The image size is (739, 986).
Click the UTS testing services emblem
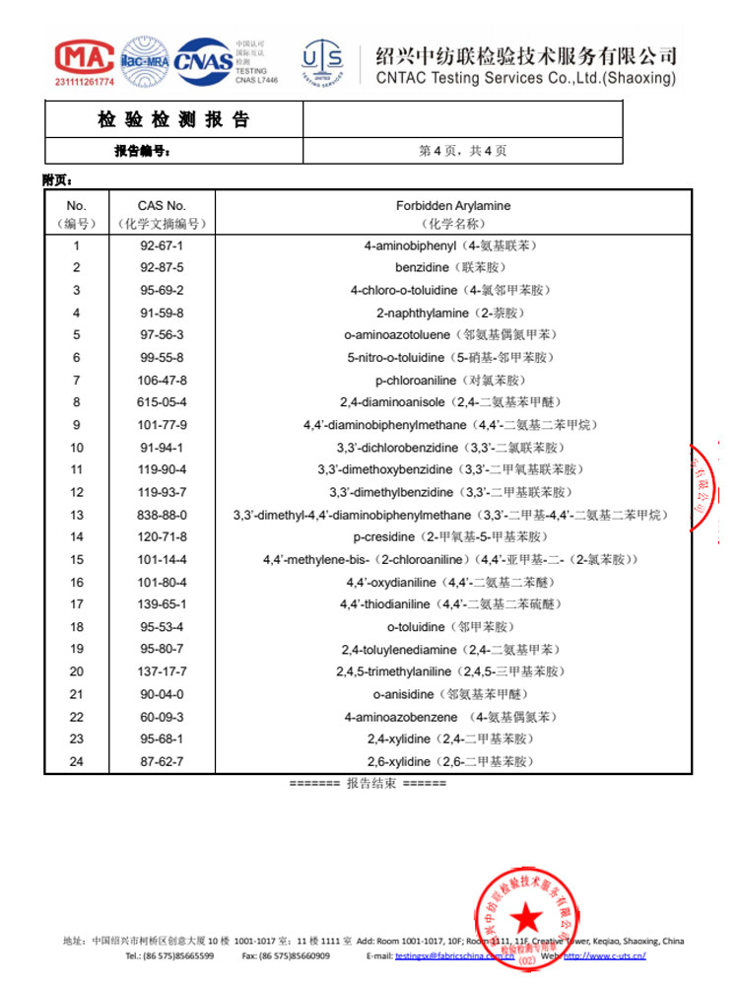coord(322,61)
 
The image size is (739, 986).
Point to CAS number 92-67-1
coord(162,246)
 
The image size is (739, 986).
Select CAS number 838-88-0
coord(162,515)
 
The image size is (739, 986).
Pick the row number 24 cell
coord(77,762)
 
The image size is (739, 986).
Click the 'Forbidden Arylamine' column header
coord(453,206)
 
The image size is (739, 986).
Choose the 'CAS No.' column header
coord(162,206)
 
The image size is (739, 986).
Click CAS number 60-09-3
coord(162,717)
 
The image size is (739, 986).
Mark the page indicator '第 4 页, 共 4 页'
coord(463,151)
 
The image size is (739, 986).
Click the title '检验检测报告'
coord(173,120)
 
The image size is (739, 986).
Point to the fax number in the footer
coord(286,955)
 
